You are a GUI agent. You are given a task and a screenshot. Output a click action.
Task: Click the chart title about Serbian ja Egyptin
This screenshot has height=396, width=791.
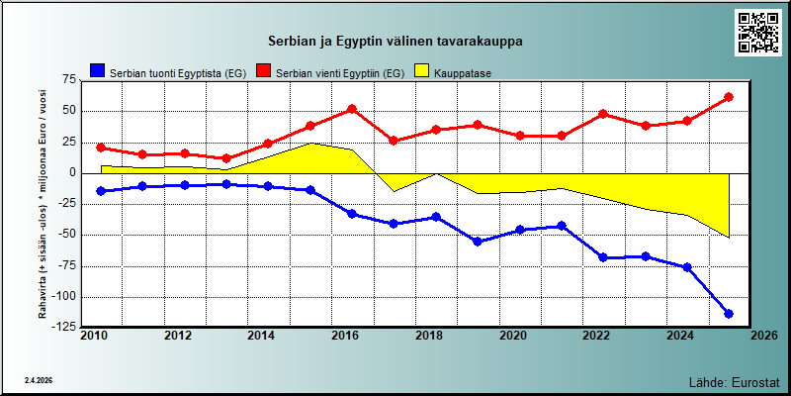(395, 41)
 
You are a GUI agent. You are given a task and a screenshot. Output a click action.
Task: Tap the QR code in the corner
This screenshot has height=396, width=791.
(757, 33)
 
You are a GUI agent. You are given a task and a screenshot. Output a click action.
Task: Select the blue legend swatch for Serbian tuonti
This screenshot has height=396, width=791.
(98, 70)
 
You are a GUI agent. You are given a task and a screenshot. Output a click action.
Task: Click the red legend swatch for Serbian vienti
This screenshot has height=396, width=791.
(263, 70)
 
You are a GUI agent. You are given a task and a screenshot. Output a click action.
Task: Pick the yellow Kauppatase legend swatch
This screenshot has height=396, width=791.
(422, 70)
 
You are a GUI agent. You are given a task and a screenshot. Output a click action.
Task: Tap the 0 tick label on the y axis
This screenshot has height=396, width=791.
(71, 173)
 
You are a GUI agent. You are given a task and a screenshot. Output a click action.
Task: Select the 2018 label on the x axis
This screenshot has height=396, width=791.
(426, 336)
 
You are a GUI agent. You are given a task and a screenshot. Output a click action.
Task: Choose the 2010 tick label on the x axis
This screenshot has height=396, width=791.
(92, 336)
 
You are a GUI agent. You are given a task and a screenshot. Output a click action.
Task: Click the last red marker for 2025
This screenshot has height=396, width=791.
(729, 97)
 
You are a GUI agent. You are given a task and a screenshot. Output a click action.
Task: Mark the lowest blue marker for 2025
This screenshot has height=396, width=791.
(729, 314)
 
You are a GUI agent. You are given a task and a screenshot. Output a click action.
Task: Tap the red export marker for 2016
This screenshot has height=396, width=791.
(352, 109)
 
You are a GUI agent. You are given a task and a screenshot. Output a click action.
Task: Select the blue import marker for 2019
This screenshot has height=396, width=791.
(478, 242)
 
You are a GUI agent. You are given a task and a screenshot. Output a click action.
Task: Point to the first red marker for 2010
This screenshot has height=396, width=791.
(101, 148)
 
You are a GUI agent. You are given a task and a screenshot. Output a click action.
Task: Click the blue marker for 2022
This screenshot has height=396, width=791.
(603, 257)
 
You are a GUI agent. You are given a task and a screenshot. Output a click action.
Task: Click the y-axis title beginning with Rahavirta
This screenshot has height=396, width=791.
(43, 204)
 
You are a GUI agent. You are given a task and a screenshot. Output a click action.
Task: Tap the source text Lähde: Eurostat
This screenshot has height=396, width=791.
(734, 381)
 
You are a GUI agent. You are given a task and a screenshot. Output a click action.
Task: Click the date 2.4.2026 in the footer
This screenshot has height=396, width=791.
(39, 380)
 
